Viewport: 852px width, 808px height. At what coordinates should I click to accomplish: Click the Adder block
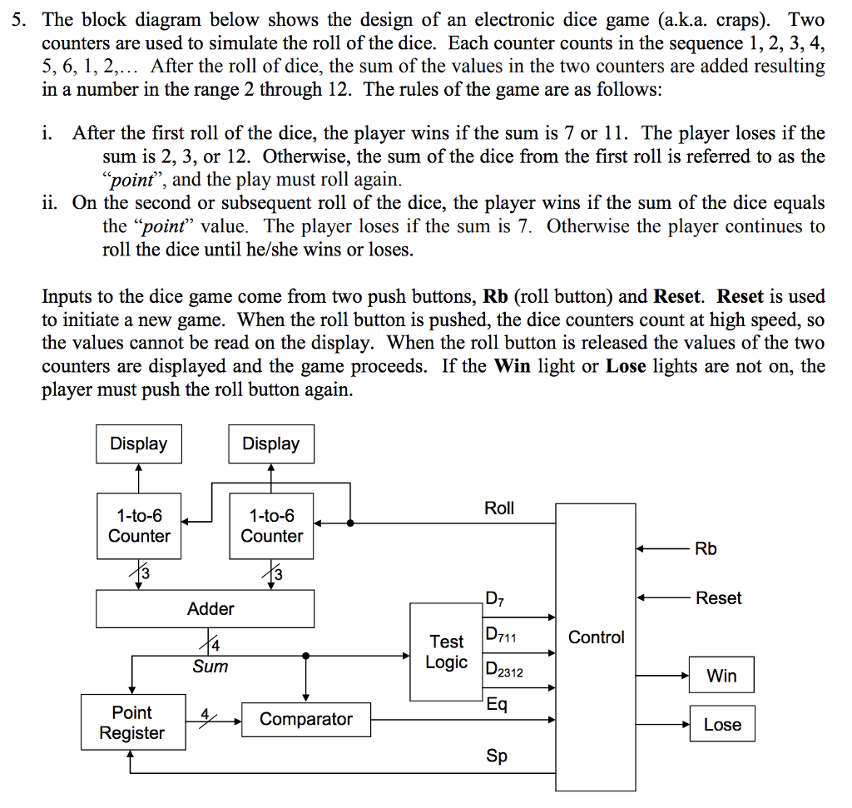pyautogui.click(x=205, y=609)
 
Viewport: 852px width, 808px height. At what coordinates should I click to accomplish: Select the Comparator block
pyautogui.click(x=305, y=719)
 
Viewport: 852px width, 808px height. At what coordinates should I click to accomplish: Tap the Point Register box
pyautogui.click(x=131, y=723)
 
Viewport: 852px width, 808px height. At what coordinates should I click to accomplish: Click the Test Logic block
pyautogui.click(x=446, y=652)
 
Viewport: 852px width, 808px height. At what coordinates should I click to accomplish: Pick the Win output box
pyautogui.click(x=721, y=676)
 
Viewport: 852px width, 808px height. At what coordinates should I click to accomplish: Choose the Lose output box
pyautogui.click(x=721, y=725)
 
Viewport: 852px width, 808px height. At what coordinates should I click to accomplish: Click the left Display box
pyautogui.click(x=138, y=444)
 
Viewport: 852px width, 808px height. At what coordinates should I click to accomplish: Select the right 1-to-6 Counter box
pyautogui.click(x=271, y=527)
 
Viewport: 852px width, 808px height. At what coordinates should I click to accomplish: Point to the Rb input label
pyautogui.click(x=705, y=549)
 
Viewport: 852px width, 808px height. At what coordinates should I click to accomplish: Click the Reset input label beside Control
pyautogui.click(x=718, y=598)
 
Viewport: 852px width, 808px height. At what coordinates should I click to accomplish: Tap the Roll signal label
pyautogui.click(x=499, y=508)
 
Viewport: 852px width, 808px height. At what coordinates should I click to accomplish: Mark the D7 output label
pyautogui.click(x=494, y=598)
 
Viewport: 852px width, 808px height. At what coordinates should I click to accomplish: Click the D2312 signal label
pyautogui.click(x=504, y=670)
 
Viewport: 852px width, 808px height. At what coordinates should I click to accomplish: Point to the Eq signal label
pyautogui.click(x=496, y=705)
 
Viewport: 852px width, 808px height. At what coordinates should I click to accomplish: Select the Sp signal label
pyautogui.click(x=497, y=756)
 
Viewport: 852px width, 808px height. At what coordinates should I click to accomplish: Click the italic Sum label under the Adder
pyautogui.click(x=210, y=667)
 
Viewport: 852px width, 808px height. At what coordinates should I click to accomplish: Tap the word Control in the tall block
pyautogui.click(x=596, y=637)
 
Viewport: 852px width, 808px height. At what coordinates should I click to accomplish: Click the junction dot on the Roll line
pyautogui.click(x=350, y=523)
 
